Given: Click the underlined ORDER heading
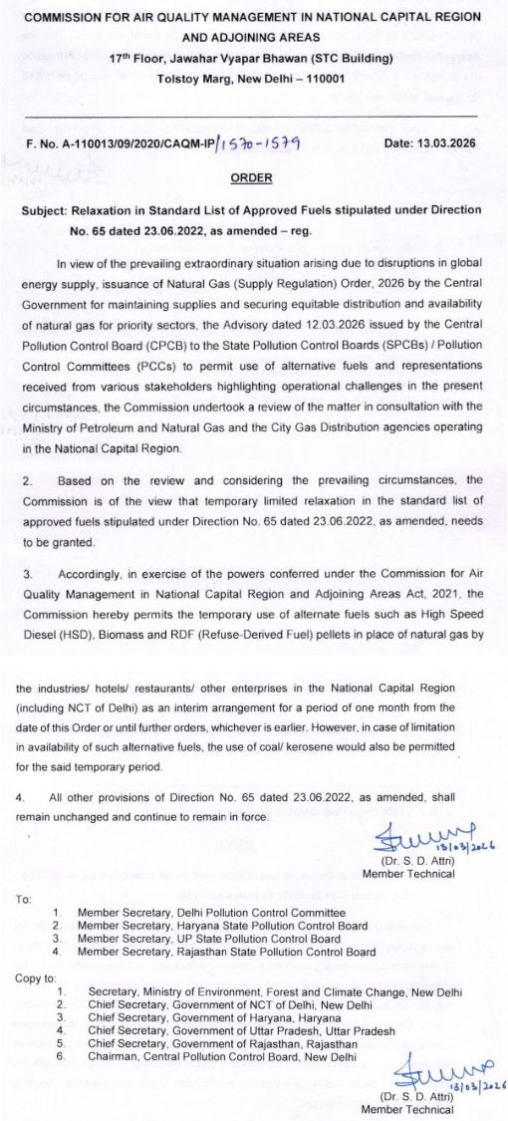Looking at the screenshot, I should tap(250, 177).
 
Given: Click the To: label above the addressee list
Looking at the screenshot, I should tap(25, 899).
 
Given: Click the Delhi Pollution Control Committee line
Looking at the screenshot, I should tap(211, 913).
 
